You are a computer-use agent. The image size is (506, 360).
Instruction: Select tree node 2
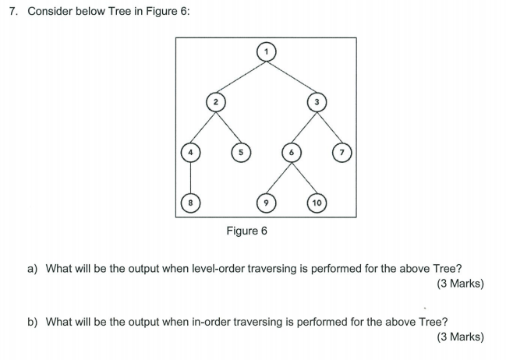coord(215,101)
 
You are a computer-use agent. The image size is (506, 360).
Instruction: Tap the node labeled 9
coord(267,202)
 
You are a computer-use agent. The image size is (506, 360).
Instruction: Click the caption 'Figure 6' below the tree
coord(246,231)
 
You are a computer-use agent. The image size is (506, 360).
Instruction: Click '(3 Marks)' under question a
coord(461,284)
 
